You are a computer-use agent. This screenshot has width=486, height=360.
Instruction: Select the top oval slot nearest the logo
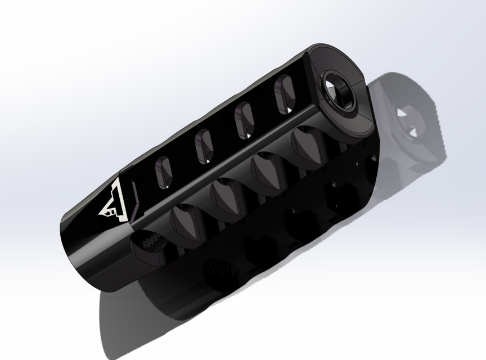tap(163, 169)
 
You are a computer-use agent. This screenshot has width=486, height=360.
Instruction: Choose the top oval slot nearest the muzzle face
tap(283, 93)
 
